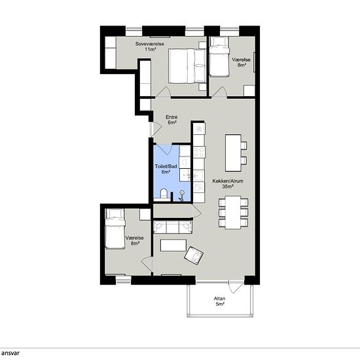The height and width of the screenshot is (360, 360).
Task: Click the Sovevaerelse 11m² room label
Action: point(150,46)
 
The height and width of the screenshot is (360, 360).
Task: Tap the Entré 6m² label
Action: point(171,120)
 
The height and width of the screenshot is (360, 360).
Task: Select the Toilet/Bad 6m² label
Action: point(166,169)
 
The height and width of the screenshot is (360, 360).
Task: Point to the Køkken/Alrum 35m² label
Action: point(228,184)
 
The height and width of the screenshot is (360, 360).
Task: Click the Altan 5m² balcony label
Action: point(219,301)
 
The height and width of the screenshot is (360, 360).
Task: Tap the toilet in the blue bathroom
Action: point(164,194)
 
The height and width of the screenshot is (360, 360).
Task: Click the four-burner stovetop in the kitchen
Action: point(199,153)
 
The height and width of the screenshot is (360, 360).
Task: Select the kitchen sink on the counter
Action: point(199,175)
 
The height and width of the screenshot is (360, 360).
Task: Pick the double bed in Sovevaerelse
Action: point(187,66)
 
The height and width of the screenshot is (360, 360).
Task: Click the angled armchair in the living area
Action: point(194,255)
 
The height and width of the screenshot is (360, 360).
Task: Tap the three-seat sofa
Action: point(173,227)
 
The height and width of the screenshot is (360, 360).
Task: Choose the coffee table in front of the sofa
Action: point(173,245)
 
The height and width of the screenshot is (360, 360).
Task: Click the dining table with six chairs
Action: point(233,212)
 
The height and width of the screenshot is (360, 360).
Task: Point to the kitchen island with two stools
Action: point(236,153)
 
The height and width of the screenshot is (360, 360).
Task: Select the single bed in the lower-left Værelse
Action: point(115,228)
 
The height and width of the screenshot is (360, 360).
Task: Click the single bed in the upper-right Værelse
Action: point(219,57)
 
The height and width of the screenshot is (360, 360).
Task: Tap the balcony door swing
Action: point(236,287)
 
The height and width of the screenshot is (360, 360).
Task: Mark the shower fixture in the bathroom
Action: point(181,196)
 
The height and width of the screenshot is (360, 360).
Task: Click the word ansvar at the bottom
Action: point(10,353)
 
